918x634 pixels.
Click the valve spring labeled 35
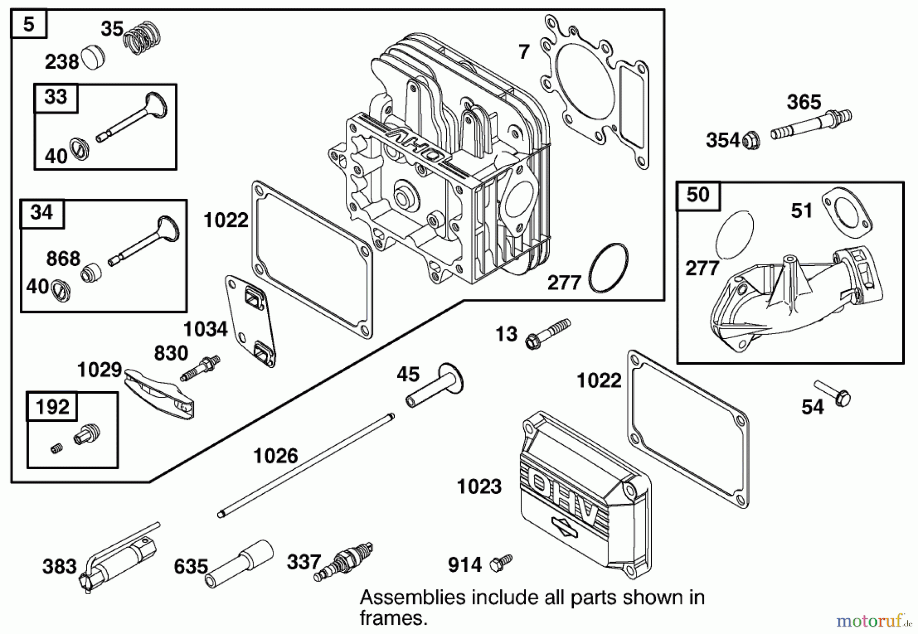click(143, 38)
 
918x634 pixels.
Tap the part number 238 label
click(62, 62)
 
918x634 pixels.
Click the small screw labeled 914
click(500, 563)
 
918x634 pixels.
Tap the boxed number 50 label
click(698, 194)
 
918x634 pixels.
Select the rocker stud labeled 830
click(200, 368)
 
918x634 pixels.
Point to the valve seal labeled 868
click(92, 273)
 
